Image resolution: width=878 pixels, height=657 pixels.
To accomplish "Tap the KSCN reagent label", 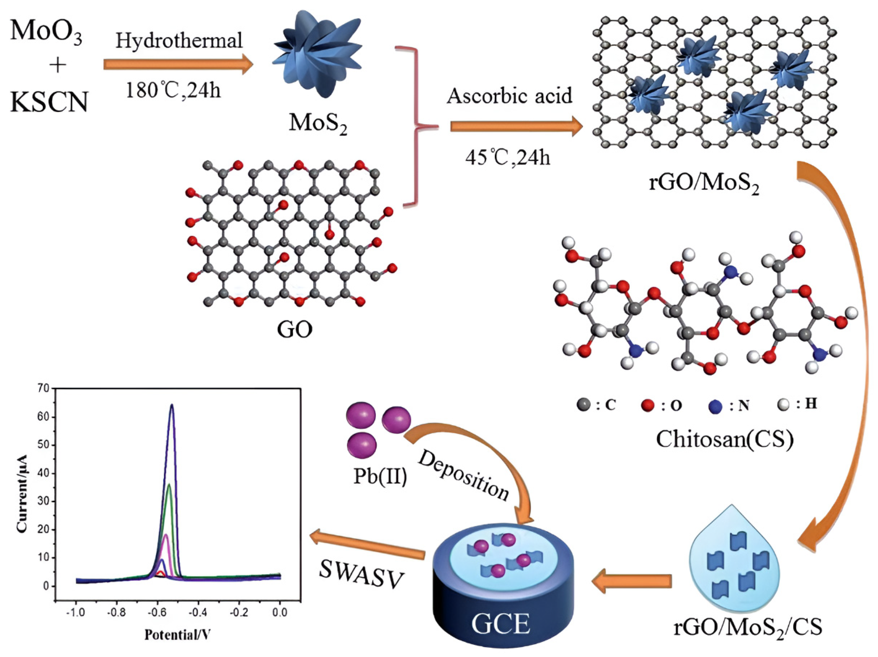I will pyautogui.click(x=49, y=102).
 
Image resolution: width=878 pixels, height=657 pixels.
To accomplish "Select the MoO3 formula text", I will pyautogui.click(x=46, y=32).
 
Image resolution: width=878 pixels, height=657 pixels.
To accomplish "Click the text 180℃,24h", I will pyautogui.click(x=173, y=90).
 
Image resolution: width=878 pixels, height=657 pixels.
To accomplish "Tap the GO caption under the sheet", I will pyautogui.click(x=294, y=329).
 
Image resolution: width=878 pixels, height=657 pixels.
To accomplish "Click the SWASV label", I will pyautogui.click(x=361, y=576).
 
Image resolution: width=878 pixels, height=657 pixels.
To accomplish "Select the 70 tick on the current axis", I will pyautogui.click(x=44, y=388).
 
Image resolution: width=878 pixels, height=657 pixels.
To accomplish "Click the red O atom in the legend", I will pyautogui.click(x=647, y=405).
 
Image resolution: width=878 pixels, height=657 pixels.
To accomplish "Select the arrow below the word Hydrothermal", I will pyautogui.click(x=178, y=65).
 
